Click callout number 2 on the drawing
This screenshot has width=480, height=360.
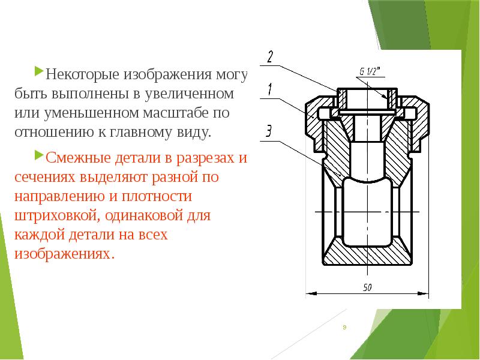tap(270, 57)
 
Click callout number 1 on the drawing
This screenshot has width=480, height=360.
tap(270, 89)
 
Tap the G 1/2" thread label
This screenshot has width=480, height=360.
tap(371, 72)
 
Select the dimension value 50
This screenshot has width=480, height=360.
tap(367, 287)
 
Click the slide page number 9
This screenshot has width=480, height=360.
tap(344, 327)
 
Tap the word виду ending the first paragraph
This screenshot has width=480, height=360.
tap(196, 131)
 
